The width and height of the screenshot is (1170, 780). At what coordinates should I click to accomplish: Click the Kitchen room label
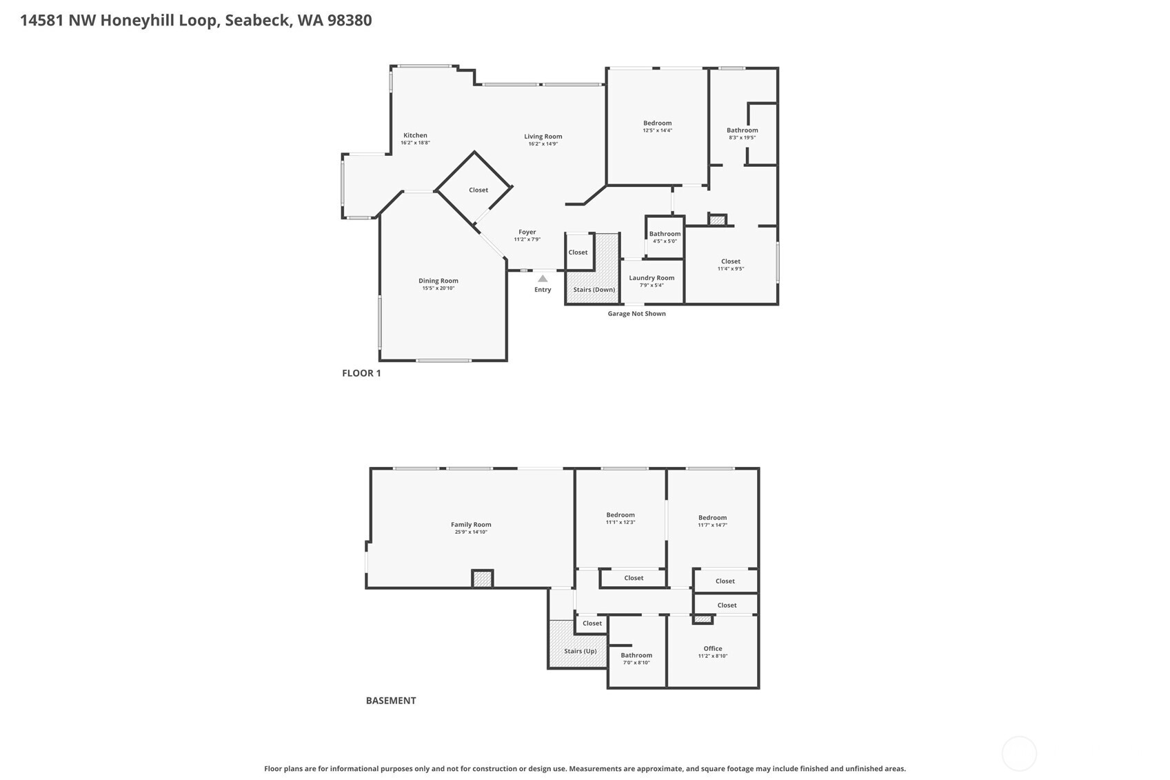coord(415,136)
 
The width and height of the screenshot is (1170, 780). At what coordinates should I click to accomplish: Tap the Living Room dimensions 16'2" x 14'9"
coord(543,144)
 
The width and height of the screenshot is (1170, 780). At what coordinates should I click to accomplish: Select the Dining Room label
coord(438,281)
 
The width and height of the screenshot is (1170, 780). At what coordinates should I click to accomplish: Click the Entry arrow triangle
coord(543,279)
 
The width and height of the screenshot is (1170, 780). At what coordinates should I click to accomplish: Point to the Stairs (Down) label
coord(594,290)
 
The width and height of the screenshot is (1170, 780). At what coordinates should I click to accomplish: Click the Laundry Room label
coord(652,278)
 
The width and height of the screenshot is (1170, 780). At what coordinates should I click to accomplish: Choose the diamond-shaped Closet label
coord(478,190)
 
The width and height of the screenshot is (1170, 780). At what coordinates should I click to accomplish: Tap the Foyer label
coord(527,232)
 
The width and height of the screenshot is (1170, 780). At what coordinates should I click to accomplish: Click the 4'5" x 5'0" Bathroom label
coord(665,234)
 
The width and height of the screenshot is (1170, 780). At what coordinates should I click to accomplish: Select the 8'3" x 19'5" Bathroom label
coord(742,130)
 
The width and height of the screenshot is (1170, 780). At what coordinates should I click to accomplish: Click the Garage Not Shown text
coord(636,314)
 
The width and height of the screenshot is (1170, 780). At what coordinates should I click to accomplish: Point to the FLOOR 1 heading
coord(361,373)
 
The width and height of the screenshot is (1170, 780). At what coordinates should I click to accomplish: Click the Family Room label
coord(471,525)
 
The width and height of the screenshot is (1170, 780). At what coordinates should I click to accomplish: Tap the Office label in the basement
coord(712,649)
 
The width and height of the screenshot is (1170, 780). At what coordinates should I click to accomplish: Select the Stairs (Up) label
coord(580,651)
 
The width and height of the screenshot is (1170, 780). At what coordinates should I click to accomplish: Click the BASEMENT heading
coord(390,701)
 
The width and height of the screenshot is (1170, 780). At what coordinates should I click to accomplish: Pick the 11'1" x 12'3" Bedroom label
coord(620,515)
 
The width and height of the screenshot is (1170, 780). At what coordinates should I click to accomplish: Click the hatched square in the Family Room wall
coord(482,579)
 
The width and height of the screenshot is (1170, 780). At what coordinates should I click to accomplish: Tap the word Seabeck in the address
coord(257,20)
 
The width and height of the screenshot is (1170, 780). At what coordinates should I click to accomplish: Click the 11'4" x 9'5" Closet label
coord(730,261)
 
